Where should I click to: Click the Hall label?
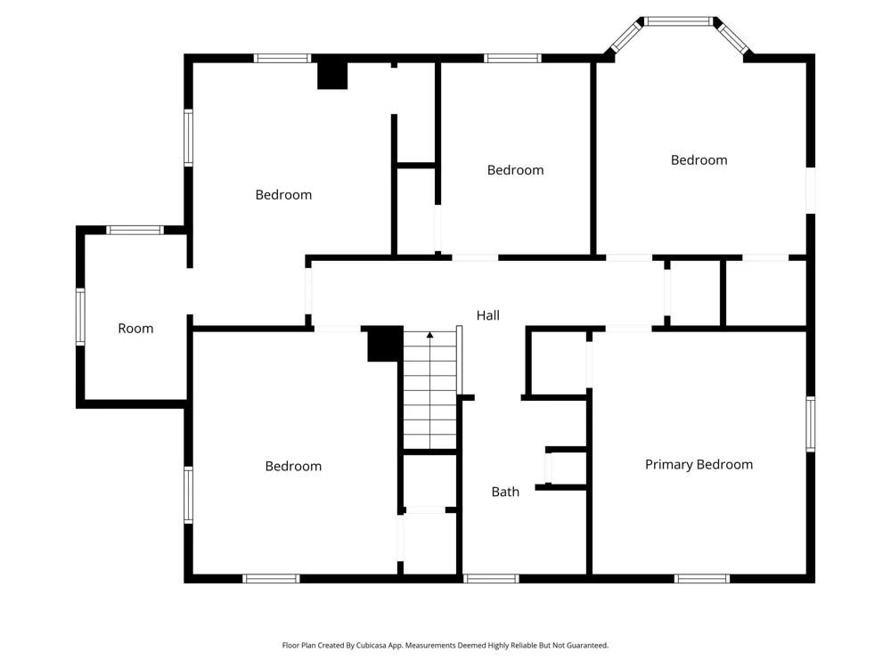487,315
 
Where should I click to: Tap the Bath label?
505,492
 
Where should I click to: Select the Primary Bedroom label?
699,465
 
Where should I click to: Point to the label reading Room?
135,329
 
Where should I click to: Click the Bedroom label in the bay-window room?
699,160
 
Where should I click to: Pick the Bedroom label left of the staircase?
293,467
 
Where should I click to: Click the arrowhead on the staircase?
430,335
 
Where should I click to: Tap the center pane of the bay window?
678,21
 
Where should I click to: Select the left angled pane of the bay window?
625,36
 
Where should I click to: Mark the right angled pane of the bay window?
732,37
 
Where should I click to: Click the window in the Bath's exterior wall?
491,579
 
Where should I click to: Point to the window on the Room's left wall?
81,316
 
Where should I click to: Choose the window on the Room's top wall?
135,230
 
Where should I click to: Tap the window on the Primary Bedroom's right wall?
810,424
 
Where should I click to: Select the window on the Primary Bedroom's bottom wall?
702,579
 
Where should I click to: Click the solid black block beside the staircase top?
385,344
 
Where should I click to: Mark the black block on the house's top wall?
332,74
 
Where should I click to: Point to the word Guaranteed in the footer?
587,645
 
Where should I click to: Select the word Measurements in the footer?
430,645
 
